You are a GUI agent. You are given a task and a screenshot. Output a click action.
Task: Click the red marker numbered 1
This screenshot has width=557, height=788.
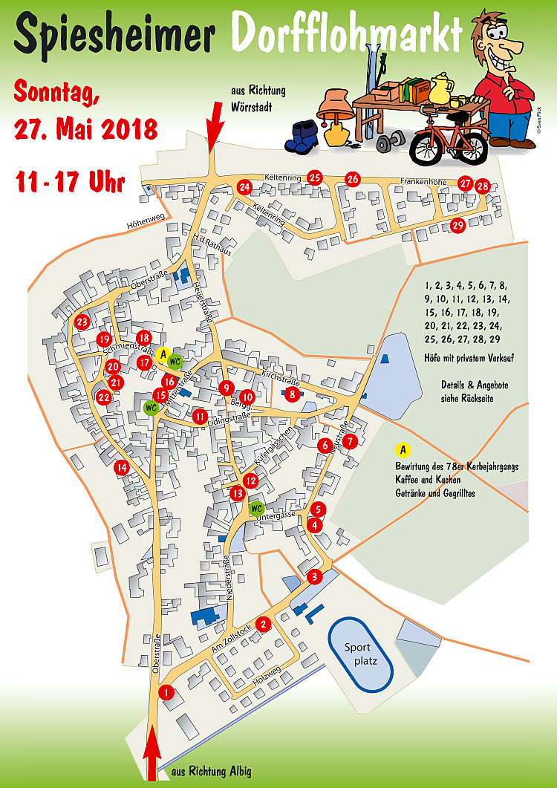point(167,693)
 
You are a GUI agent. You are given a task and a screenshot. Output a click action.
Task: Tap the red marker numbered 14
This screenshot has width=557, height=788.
point(121,468)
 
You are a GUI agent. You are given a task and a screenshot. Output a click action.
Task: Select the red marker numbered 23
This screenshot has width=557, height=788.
point(82,322)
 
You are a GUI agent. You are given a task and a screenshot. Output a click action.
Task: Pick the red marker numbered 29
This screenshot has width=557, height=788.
point(458,226)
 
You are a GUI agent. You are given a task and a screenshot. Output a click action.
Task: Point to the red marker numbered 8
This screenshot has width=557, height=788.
point(293,394)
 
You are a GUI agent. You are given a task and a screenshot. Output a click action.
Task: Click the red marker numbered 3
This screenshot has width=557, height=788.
point(314,576)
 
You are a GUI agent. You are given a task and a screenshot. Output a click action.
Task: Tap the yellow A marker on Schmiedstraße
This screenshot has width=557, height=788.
point(163,354)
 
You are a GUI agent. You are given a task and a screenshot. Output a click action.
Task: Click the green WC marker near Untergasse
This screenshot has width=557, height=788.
point(256,509)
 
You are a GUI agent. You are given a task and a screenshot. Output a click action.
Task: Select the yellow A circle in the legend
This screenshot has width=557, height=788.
point(403,450)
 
